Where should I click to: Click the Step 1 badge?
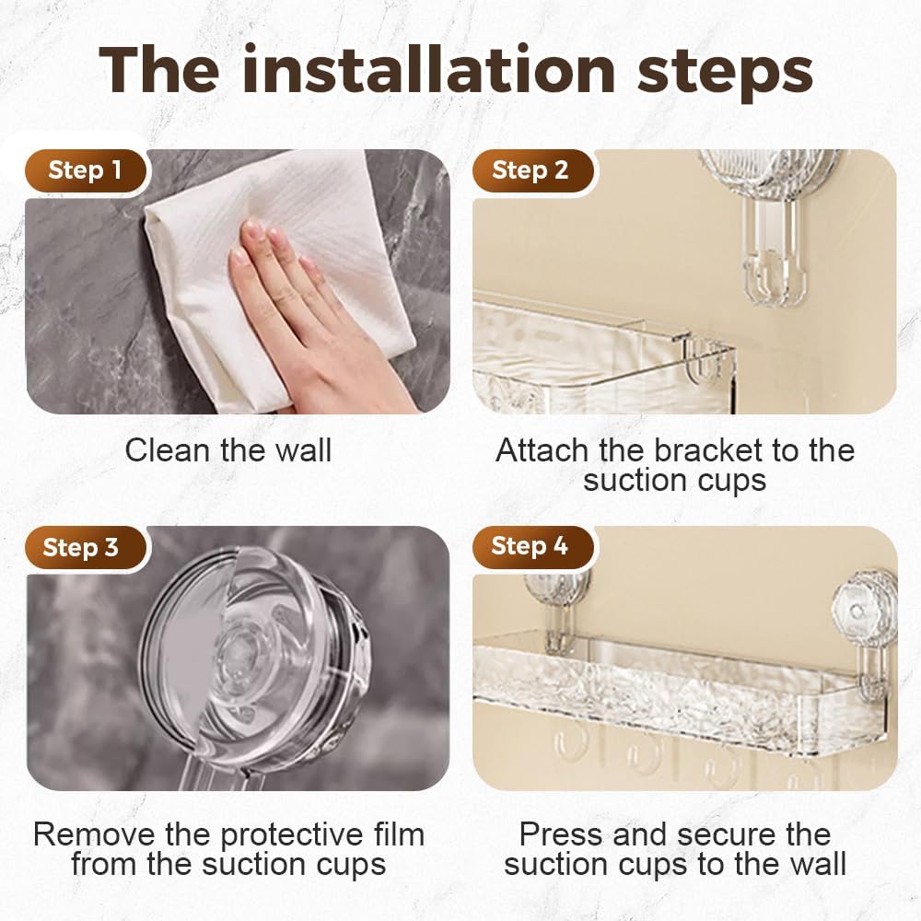84,170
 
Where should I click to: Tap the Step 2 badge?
530,170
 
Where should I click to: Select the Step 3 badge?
81,548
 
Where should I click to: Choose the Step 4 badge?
530,546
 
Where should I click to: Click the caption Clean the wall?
228,450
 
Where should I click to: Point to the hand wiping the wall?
304,313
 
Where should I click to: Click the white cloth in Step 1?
276,230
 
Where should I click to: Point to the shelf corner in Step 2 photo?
700,355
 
